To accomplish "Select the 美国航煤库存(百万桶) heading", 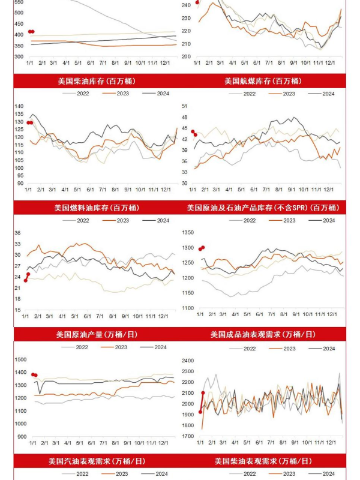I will [263, 81].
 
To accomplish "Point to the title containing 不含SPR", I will [263, 208].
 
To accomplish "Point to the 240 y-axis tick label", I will [185, 5].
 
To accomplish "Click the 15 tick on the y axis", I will [18, 310].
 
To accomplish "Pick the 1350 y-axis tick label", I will [188, 232].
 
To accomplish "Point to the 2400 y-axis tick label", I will [188, 361].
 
